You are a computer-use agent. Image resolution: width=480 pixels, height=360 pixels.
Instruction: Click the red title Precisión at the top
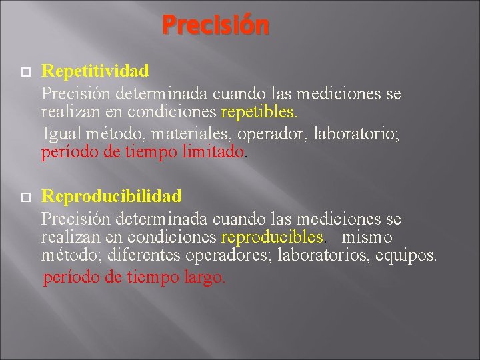(215, 26)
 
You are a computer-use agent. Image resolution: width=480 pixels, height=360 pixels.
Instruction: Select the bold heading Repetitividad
(95, 70)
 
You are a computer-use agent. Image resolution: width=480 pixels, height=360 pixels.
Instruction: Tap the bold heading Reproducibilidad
(111, 196)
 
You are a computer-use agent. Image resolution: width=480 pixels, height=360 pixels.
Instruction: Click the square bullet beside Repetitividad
(25, 71)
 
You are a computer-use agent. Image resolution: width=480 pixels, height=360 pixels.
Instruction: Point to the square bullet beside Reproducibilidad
(25, 197)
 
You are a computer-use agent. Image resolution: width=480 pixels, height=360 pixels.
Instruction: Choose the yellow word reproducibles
(273, 237)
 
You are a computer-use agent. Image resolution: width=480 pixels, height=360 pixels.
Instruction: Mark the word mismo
(367, 237)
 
